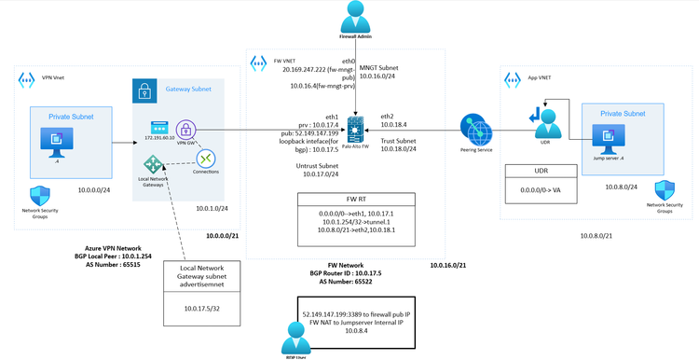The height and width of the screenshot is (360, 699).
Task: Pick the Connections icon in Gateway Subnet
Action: tap(206, 159)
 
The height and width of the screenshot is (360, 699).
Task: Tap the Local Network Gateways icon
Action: tap(153, 165)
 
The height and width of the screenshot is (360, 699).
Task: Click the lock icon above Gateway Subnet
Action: tap(145, 90)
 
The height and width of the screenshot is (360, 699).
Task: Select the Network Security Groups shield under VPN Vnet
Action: tap(40, 196)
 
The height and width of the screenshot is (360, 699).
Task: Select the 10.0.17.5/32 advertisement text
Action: tap(201, 307)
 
